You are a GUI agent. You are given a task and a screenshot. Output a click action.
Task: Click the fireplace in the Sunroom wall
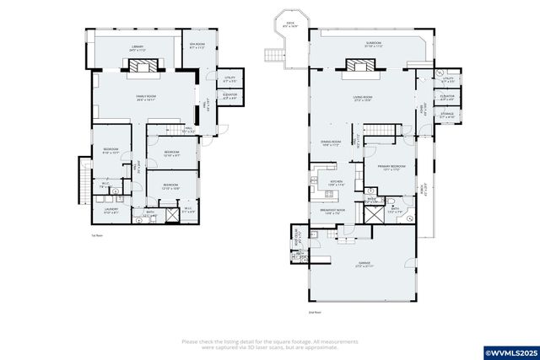coord(354,64)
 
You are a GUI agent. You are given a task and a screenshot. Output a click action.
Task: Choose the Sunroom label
coord(361,44)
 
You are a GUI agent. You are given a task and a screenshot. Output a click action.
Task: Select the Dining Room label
coord(330,143)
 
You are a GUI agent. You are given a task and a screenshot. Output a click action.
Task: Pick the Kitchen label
coord(337,183)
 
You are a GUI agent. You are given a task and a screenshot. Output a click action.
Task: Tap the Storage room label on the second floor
coord(447,116)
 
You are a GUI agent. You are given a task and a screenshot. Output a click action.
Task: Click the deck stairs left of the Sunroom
coord(274,56)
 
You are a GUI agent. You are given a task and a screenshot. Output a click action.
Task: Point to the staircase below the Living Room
coord(384,131)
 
